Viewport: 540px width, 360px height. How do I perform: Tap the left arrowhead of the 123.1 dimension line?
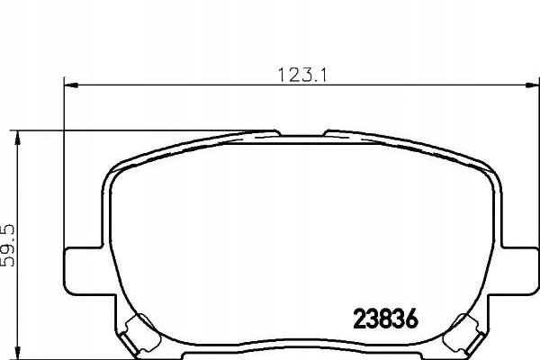point(69,86)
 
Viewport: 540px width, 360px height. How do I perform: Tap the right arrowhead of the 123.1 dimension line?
point(526,86)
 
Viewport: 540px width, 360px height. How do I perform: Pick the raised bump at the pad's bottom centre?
point(297,345)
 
